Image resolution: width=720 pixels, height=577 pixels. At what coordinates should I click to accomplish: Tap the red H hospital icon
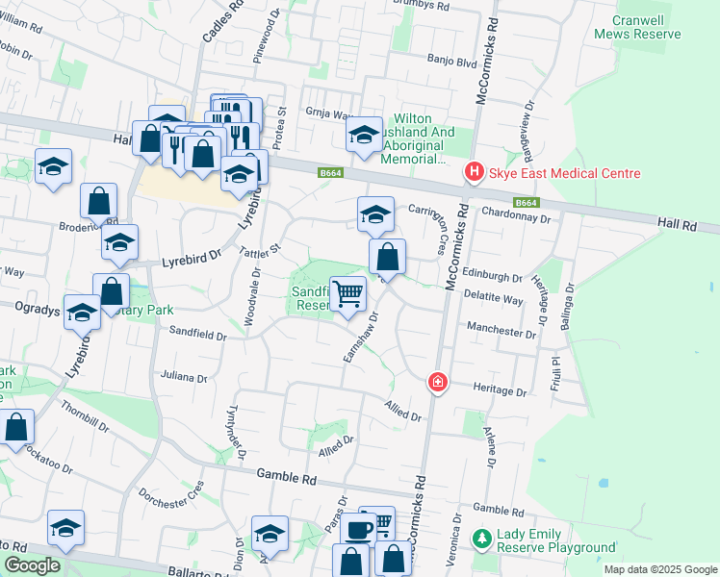click(474, 173)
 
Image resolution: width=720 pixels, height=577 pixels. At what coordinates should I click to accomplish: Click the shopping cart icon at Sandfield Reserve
click(347, 294)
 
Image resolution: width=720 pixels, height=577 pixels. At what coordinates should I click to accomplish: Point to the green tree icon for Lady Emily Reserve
click(482, 540)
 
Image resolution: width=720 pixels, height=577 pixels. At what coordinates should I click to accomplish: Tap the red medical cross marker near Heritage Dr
click(438, 383)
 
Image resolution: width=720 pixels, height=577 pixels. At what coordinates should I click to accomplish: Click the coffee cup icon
click(358, 529)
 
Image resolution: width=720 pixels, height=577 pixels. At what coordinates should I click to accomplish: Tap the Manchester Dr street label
click(501, 330)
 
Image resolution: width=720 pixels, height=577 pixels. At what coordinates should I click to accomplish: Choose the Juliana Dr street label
click(185, 378)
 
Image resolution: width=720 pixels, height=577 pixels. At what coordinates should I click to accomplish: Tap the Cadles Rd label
click(210, 24)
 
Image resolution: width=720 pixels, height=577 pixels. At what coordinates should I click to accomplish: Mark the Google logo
click(32, 565)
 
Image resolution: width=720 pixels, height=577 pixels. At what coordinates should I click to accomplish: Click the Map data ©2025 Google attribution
click(659, 569)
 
